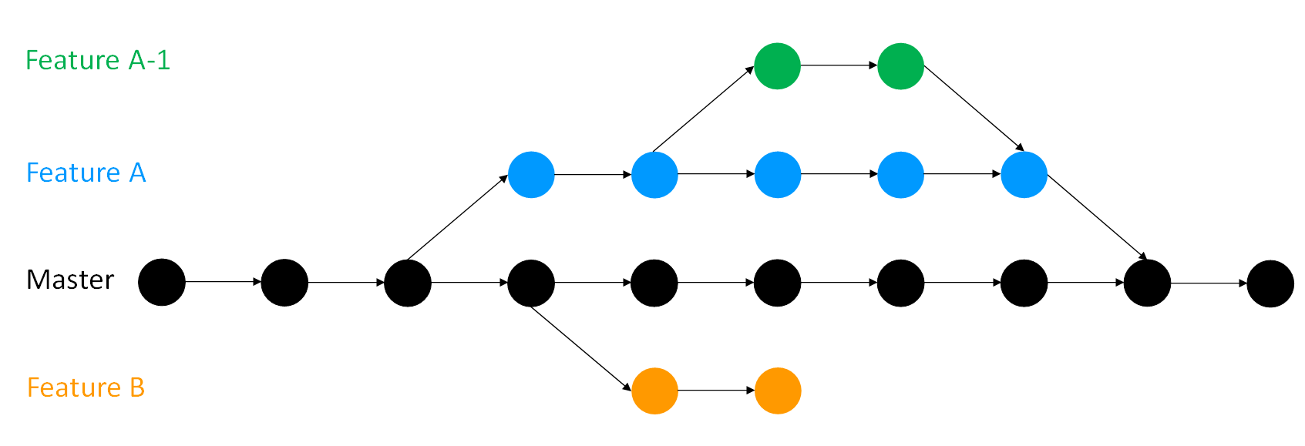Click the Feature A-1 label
click(x=98, y=60)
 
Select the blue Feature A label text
click(x=86, y=173)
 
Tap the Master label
click(x=70, y=280)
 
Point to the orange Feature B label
click(x=86, y=387)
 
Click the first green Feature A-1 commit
click(x=777, y=66)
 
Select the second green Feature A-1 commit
click(x=900, y=66)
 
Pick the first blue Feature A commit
click(x=531, y=175)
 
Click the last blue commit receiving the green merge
click(x=1024, y=175)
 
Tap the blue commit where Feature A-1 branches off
click(x=654, y=175)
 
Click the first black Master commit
click(x=162, y=283)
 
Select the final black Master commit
click(x=1270, y=283)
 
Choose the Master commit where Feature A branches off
click(x=408, y=283)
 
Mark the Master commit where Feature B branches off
click(x=531, y=283)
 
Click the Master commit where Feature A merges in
click(x=1147, y=283)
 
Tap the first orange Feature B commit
click(x=654, y=391)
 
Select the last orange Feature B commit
click(x=778, y=391)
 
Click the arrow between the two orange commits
click(x=716, y=391)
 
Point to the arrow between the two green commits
click(x=839, y=66)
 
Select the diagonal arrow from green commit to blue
click(x=973, y=108)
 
